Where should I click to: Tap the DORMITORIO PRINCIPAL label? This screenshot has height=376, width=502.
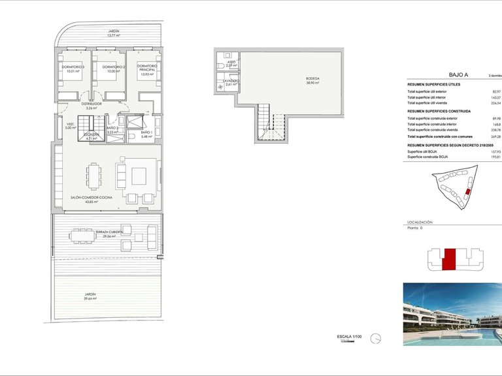click(147, 69)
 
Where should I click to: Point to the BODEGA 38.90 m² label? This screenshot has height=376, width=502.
click(313, 81)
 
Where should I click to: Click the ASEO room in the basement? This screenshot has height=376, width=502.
click(230, 64)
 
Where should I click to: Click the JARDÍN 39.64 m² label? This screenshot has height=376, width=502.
click(90, 296)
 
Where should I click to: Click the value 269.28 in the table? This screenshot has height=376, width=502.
click(495, 136)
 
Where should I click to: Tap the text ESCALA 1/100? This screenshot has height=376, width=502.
click(348, 337)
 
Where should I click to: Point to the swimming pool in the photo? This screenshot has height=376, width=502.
click(458, 336)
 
